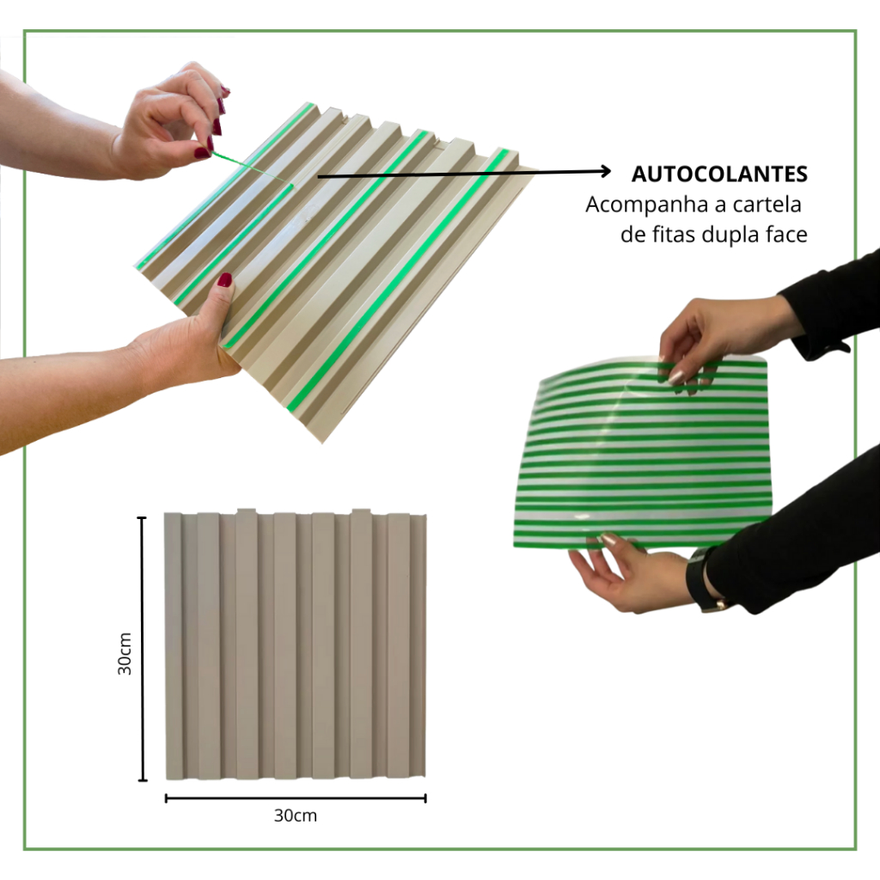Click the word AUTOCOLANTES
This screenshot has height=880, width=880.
pyautogui.click(x=719, y=174)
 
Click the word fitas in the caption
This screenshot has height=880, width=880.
pyautogui.click(x=675, y=234)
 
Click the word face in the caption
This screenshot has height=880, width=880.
pyautogui.click(x=787, y=234)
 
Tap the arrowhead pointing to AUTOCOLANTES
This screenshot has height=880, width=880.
pyautogui.click(x=606, y=171)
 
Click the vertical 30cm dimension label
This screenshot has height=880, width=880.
pyautogui.click(x=125, y=653)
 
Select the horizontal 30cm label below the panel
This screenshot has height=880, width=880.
pyautogui.click(x=296, y=816)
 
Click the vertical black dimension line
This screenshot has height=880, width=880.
pyautogui.click(x=142, y=649)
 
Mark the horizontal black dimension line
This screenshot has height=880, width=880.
pyautogui.click(x=296, y=798)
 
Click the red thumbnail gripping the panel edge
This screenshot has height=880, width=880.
pyautogui.click(x=225, y=280)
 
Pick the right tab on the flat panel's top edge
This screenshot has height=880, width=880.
pyautogui.click(x=361, y=512)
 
